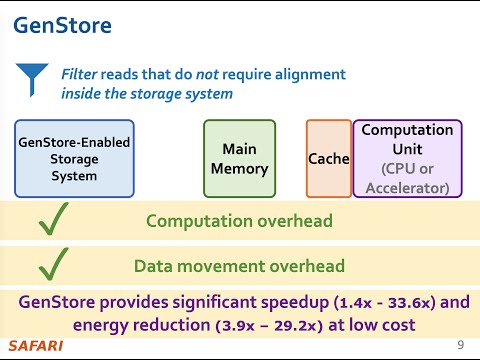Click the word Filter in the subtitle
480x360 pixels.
pos(79,75)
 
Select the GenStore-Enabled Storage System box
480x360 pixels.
pos(74,159)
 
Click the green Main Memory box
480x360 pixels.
pos(239,159)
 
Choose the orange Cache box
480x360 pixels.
pos(328,159)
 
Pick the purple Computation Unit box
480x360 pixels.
pos(407,159)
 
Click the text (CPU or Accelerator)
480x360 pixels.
pos(407,177)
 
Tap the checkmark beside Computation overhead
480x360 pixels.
pos(52,220)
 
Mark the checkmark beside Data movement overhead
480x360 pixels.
pos(52,266)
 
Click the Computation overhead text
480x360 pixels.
pos(239,220)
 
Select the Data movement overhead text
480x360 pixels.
pos(239,266)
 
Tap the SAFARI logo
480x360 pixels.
pos(35,346)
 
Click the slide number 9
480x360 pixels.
pos(460,345)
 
